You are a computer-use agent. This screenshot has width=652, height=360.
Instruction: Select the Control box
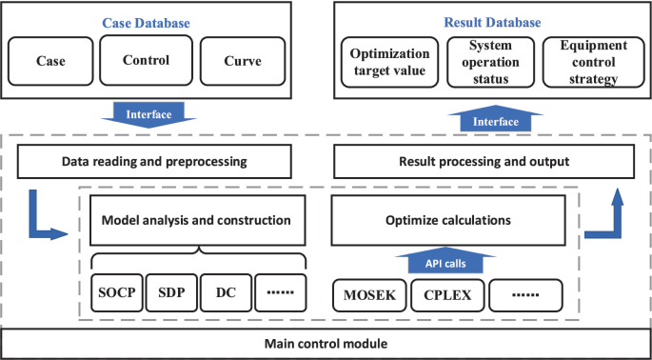pyautogui.click(x=147, y=61)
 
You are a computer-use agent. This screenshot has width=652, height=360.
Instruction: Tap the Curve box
pyautogui.click(x=243, y=61)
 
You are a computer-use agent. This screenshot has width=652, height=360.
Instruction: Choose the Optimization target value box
pyautogui.click(x=389, y=62)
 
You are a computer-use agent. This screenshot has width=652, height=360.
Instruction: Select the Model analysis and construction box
pyautogui.click(x=196, y=220)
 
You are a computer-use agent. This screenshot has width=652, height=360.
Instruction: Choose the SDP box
pyautogui.click(x=171, y=293)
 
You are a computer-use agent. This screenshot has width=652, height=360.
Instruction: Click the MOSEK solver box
pyautogui.click(x=369, y=294)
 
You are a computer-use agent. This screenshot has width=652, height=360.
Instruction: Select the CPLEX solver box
pyautogui.click(x=447, y=294)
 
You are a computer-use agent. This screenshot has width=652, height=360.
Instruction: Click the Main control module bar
pyautogui.click(x=326, y=343)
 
